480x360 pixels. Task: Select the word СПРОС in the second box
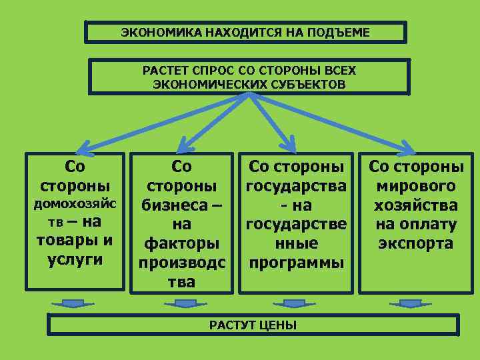tap(213, 70)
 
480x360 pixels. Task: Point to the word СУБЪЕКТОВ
tap(308, 84)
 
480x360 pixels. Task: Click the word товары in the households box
tap(69, 240)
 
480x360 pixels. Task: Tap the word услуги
tap(75, 259)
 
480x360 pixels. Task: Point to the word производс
tap(181, 262)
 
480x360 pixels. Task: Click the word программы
tap(296, 262)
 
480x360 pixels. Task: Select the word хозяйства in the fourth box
tap(417, 205)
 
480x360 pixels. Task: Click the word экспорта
tap(417, 243)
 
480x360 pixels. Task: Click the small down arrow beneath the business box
tap(181, 304)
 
